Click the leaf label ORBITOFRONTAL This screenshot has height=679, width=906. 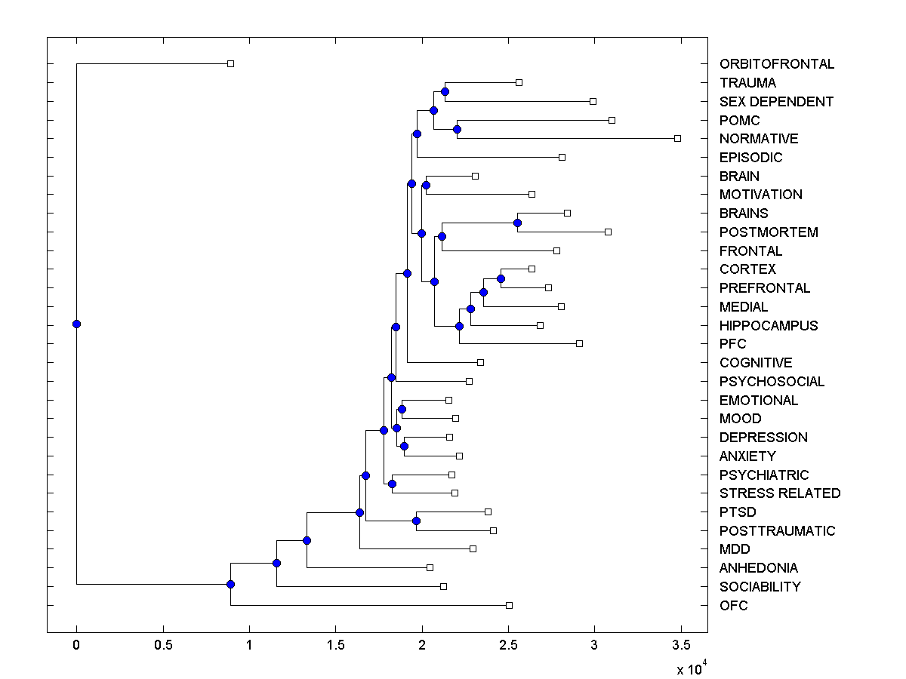pos(777,64)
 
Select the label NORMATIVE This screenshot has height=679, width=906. pos(759,139)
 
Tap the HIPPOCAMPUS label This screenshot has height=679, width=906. pos(769,326)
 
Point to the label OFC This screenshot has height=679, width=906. pos(734,606)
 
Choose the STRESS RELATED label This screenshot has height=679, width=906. pos(780,493)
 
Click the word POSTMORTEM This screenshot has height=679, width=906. pos(769,232)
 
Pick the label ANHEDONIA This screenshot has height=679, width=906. pos(759,568)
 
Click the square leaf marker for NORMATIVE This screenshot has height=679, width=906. pos(677,138)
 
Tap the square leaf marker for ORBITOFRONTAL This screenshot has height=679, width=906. pos(231,63)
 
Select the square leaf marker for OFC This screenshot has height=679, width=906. pos(509,605)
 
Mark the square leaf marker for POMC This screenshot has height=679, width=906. pos(612,120)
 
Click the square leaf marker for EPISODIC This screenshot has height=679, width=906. pos(562,157)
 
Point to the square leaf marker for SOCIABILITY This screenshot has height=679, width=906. pos(443,586)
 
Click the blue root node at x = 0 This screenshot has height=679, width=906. pos(76,324)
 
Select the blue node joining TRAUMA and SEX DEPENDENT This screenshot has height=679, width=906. pos(445,91)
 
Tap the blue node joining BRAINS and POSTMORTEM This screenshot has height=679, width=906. pos(517,223)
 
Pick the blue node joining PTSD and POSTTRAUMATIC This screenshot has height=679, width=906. pos(416,521)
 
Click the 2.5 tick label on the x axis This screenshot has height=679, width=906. pos(508,646)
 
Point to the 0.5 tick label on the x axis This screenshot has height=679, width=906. pos(162,646)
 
